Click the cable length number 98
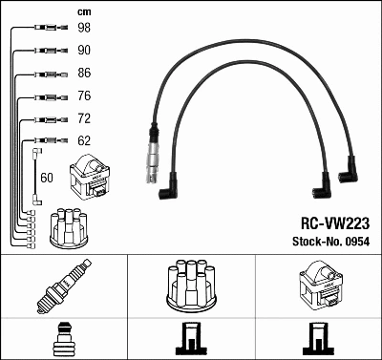(x=84, y=27)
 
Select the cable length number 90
(x=84, y=50)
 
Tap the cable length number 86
(x=84, y=73)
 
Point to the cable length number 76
(x=84, y=95)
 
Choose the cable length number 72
(x=84, y=118)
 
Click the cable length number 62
(x=84, y=141)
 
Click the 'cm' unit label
(x=83, y=11)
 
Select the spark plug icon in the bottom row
(x=62, y=288)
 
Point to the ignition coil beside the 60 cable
(x=96, y=176)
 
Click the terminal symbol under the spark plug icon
(x=62, y=340)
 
